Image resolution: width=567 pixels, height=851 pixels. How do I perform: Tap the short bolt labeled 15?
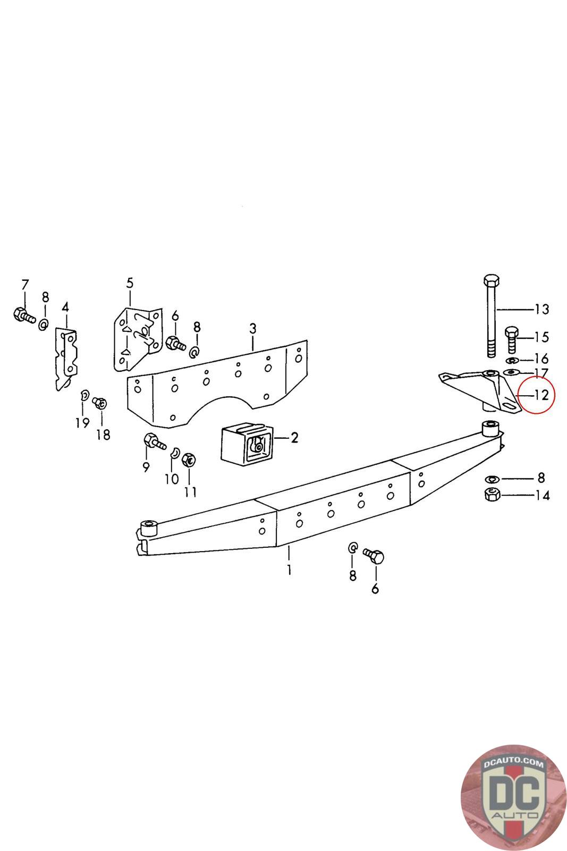(511, 339)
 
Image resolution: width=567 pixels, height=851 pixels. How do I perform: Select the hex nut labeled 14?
(492, 495)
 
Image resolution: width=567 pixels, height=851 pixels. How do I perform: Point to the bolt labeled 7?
(22, 315)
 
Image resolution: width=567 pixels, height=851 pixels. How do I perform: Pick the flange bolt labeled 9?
(153, 442)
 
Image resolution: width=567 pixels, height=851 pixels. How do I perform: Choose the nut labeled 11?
(189, 460)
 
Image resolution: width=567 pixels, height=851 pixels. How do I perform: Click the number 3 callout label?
(253, 329)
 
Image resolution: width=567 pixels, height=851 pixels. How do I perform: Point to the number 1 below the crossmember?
(289, 571)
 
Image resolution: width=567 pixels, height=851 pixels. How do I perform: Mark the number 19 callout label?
(82, 423)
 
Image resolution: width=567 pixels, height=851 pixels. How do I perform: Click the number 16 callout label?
(541, 358)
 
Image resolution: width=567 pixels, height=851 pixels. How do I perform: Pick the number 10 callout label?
(171, 479)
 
